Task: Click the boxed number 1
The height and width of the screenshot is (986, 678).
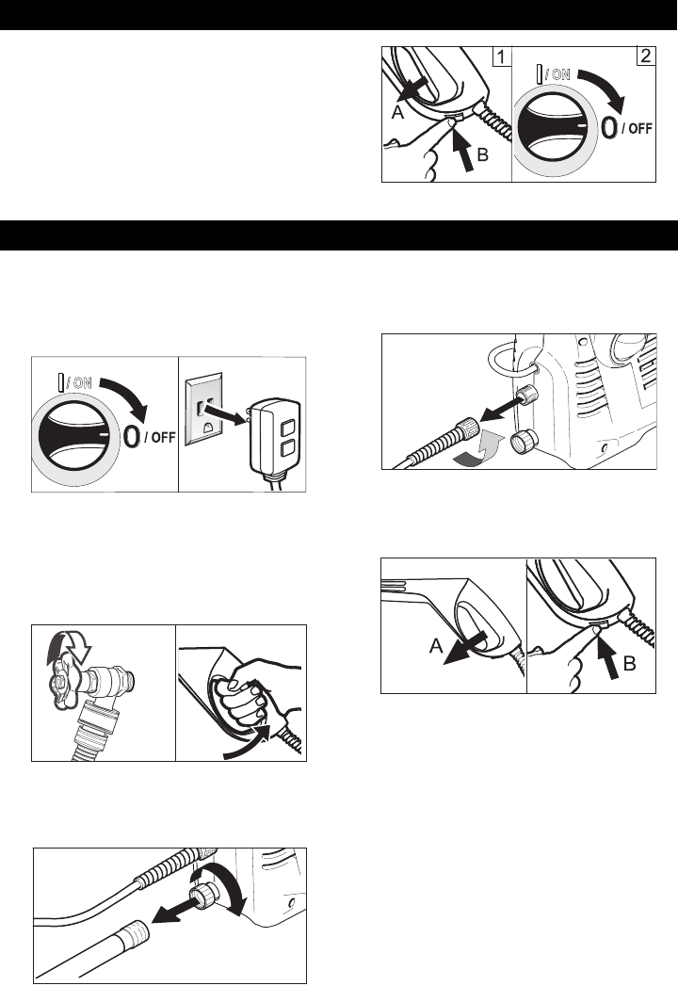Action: click(500, 57)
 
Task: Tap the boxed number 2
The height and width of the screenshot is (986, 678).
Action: click(646, 56)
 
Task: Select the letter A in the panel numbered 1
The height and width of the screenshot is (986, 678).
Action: click(397, 113)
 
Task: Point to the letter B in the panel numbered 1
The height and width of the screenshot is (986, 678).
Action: click(482, 154)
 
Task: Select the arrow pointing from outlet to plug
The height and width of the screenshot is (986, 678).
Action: click(227, 415)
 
